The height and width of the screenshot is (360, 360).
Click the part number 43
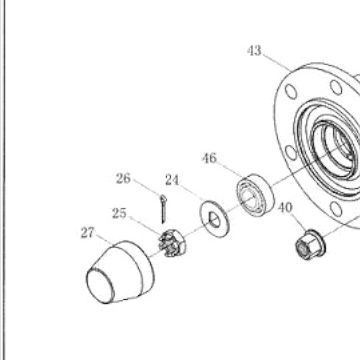(254, 51)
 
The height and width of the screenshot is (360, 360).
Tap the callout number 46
(209, 158)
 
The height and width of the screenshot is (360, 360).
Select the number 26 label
(123, 179)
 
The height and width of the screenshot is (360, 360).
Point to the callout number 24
(172, 180)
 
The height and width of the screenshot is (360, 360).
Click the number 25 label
(119, 214)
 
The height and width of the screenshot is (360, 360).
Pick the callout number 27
(88, 233)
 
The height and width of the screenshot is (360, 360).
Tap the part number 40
(285, 208)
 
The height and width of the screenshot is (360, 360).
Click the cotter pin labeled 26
(163, 209)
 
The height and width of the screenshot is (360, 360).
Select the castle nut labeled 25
(172, 244)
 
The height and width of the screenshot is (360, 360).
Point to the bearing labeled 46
(255, 195)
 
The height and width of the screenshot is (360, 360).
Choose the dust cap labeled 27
(120, 272)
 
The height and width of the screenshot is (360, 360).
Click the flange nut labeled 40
(310, 244)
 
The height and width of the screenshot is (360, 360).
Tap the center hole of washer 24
(214, 219)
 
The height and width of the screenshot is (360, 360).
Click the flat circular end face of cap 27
(100, 286)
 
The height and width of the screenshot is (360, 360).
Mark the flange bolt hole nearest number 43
(291, 91)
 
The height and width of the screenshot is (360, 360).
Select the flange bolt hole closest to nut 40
(336, 209)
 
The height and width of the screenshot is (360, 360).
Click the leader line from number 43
(276, 62)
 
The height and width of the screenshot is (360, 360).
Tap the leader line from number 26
(147, 187)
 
